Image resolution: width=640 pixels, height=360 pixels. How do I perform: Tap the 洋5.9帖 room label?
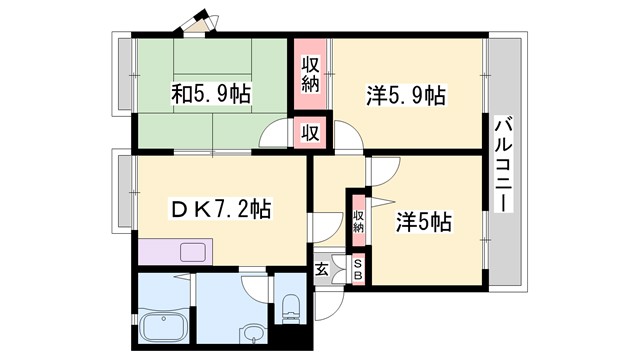[x=405, y=96]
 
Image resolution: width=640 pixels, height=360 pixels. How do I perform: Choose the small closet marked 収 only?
[x=311, y=131]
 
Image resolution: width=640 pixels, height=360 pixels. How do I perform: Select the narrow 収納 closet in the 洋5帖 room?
[x=358, y=222]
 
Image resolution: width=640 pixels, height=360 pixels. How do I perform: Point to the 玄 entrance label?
[x=322, y=268]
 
